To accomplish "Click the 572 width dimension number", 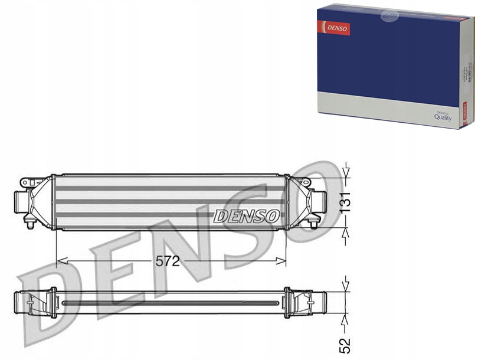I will [x=167, y=261].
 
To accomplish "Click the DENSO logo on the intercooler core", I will [x=246, y=216].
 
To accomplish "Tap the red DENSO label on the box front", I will [x=333, y=28].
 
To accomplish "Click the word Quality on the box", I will [x=443, y=117].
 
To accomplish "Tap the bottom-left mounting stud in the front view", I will [x=30, y=222].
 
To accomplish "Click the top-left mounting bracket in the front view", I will [x=27, y=182].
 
